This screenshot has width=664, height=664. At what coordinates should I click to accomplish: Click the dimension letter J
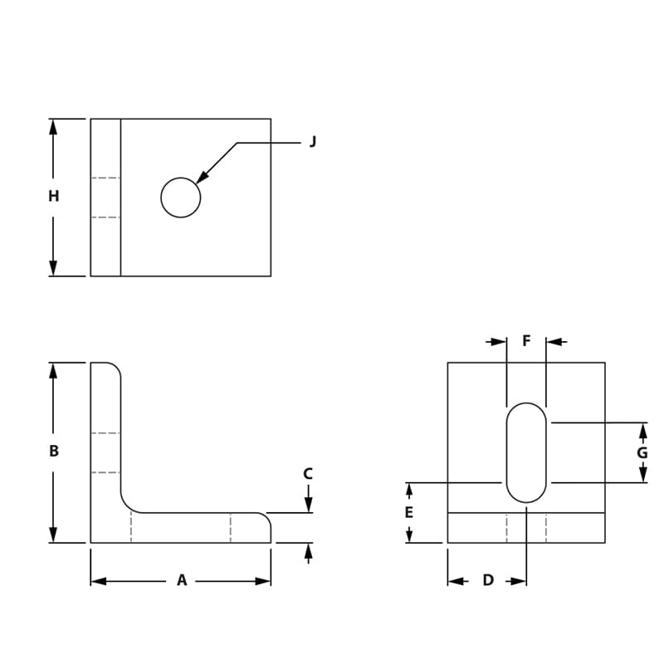tap(313, 142)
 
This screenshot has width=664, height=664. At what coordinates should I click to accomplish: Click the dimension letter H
tap(53, 197)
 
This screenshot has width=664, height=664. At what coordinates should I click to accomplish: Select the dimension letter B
tap(53, 452)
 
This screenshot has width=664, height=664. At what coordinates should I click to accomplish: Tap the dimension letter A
tap(182, 581)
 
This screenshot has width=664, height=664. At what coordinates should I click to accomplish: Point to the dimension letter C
tap(308, 474)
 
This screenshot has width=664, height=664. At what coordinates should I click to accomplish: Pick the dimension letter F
tap(526, 341)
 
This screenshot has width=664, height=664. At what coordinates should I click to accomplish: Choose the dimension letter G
tap(642, 452)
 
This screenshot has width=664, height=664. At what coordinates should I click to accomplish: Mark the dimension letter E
tap(408, 513)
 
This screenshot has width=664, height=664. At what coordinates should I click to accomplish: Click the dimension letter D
tap(488, 580)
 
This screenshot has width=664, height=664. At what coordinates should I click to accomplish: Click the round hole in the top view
tap(181, 198)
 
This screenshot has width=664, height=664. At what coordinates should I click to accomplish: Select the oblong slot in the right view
tap(526, 452)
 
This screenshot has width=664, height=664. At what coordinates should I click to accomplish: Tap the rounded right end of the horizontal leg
tap(266, 520)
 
